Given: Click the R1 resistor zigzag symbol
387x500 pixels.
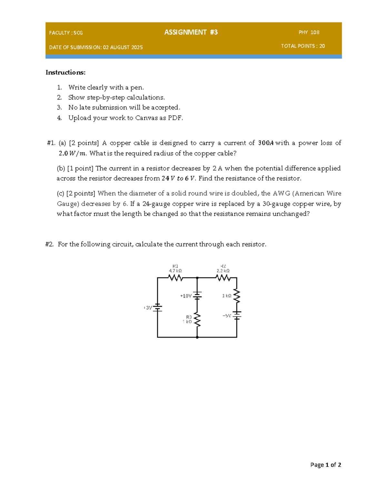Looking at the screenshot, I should (175, 278).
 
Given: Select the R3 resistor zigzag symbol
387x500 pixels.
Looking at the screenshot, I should (197, 320).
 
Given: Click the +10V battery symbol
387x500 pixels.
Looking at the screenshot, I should (197, 296).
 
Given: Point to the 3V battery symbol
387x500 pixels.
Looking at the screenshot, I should (157, 307).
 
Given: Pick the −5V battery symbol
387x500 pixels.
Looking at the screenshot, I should (237, 315).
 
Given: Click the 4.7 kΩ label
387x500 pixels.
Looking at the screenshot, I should (175, 271).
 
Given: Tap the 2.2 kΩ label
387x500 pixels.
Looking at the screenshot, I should (223, 271).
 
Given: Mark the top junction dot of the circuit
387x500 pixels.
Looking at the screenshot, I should (197, 278).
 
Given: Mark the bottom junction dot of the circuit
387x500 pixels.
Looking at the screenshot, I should (197, 337).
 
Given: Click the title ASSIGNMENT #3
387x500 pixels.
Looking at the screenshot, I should (191, 32).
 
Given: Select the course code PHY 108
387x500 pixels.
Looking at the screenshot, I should (309, 32).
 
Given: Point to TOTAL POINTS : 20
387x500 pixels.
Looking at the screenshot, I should (303, 46).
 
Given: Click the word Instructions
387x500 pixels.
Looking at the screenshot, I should (65, 72).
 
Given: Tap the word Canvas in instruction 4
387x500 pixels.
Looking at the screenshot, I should (146, 118).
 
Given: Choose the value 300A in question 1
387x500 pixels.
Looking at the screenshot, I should (266, 143).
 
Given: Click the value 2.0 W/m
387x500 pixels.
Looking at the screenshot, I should (73, 154).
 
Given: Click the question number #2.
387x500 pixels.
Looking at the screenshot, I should (49, 244).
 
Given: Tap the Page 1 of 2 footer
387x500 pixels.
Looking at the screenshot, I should (325, 465).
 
